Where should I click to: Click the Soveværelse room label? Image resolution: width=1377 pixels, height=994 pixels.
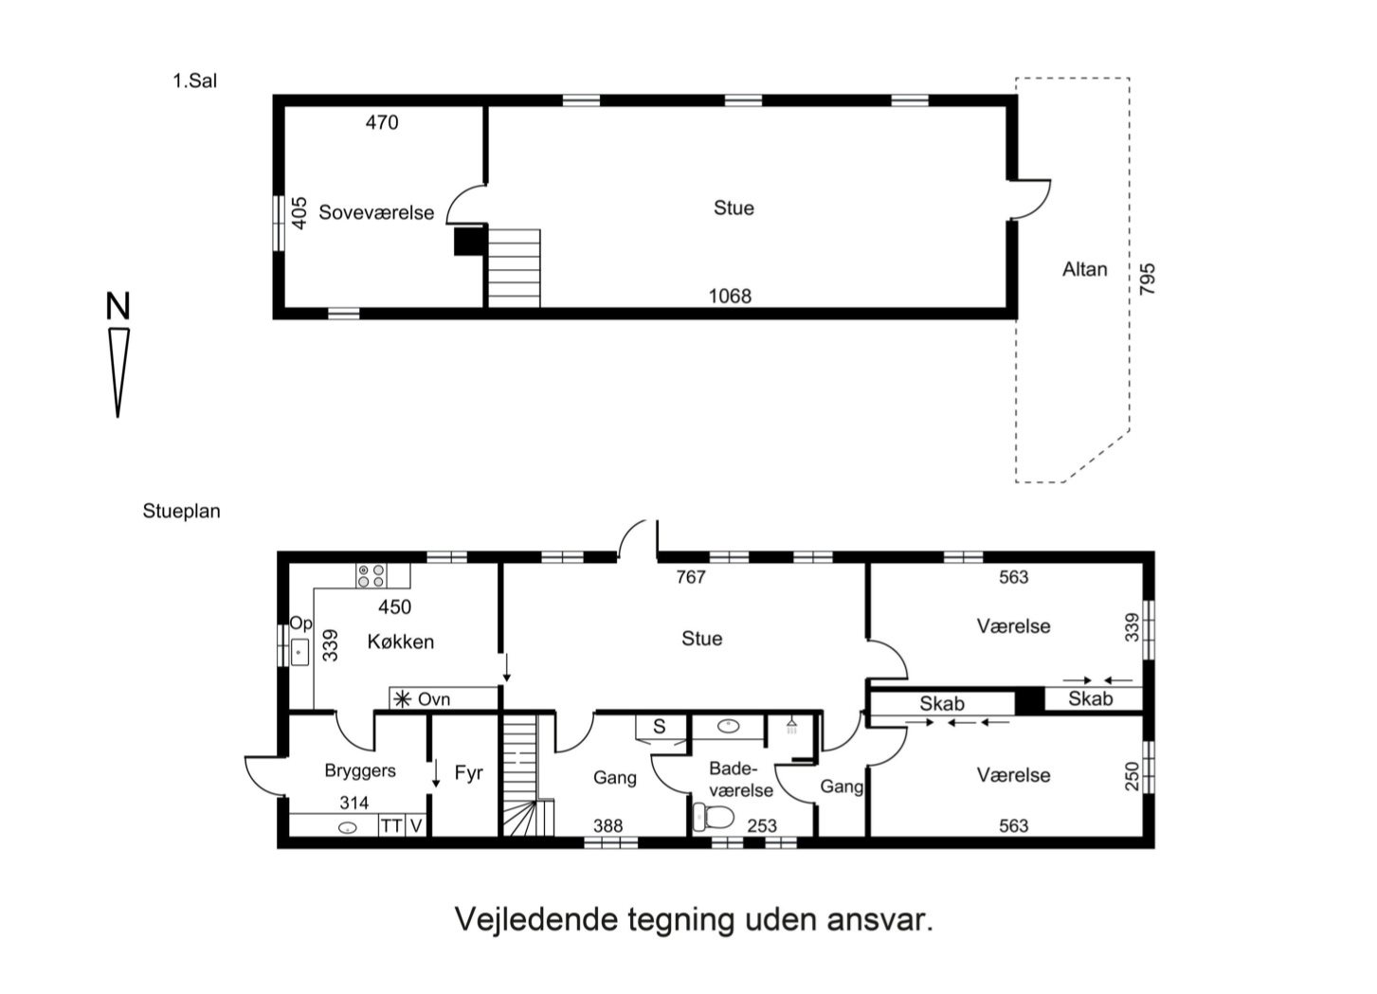(375, 213)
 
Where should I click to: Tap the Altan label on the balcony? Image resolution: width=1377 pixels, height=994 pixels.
(1084, 269)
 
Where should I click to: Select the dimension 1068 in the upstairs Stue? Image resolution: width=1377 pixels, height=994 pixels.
(729, 297)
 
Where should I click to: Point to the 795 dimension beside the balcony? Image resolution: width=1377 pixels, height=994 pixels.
(1148, 280)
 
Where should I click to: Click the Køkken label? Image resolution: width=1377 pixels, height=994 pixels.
(400, 642)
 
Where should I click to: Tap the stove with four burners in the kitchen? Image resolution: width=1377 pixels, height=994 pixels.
(371, 575)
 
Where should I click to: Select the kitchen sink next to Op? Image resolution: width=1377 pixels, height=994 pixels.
(300, 652)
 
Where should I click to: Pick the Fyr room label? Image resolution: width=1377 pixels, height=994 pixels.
(468, 773)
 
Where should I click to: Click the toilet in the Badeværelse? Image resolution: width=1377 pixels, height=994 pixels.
(714, 816)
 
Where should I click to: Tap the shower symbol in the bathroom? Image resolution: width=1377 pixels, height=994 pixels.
(791, 726)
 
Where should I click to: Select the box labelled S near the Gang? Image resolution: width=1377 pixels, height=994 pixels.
(660, 727)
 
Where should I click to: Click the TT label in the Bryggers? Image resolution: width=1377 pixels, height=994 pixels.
(390, 825)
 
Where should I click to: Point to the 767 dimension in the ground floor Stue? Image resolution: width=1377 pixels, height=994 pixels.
(690, 577)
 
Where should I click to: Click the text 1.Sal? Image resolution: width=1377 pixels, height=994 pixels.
(194, 81)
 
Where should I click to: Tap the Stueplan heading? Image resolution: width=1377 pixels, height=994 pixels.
(181, 512)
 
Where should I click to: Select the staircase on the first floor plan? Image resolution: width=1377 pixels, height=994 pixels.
(514, 268)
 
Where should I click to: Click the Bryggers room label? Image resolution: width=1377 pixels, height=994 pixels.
(359, 771)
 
